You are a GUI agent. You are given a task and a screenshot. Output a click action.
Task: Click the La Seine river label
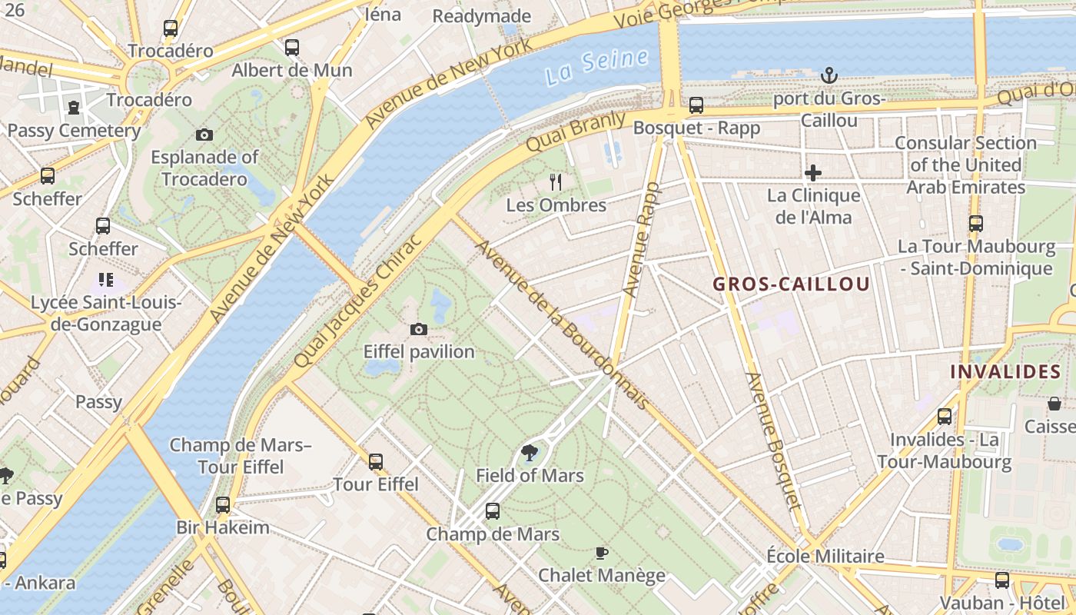(x=597, y=66)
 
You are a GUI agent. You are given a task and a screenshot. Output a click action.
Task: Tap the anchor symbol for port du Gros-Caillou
(x=829, y=75)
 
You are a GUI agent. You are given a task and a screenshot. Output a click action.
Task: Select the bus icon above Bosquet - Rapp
(x=696, y=105)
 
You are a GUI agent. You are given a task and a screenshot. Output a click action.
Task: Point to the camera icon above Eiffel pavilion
(x=419, y=329)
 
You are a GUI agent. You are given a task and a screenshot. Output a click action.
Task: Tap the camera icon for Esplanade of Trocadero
(x=204, y=135)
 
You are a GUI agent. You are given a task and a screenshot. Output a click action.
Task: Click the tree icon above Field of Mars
(x=530, y=452)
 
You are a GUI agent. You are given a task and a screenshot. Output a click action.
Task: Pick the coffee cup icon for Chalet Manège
(x=602, y=553)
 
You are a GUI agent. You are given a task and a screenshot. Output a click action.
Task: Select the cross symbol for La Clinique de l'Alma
(x=813, y=173)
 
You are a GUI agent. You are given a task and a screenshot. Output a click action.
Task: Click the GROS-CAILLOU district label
(x=792, y=284)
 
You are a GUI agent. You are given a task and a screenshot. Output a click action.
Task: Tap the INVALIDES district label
(x=1005, y=371)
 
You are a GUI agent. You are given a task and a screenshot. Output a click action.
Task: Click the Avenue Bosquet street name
(x=773, y=441)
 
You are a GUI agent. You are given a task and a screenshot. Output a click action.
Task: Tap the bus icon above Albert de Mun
(x=292, y=48)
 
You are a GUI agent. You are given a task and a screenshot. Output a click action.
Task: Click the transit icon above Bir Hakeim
(x=223, y=505)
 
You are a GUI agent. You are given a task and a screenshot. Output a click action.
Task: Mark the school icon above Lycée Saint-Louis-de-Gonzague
(x=106, y=280)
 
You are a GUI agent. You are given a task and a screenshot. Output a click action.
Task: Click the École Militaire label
(x=825, y=556)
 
